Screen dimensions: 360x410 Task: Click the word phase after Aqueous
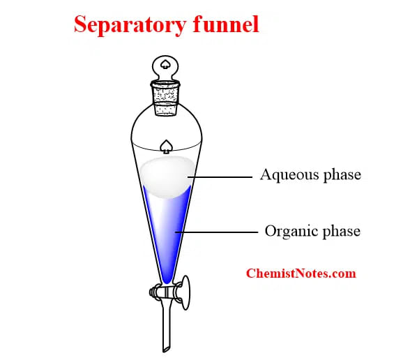pos(341,174)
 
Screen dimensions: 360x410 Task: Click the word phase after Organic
pos(341,230)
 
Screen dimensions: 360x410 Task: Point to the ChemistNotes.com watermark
pos(301,273)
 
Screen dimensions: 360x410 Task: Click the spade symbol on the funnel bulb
pos(166,146)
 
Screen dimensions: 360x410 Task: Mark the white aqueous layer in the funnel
pos(166,176)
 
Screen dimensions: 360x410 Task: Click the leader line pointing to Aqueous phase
pos(220,177)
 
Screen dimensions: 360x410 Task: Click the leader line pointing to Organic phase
pos(216,231)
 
